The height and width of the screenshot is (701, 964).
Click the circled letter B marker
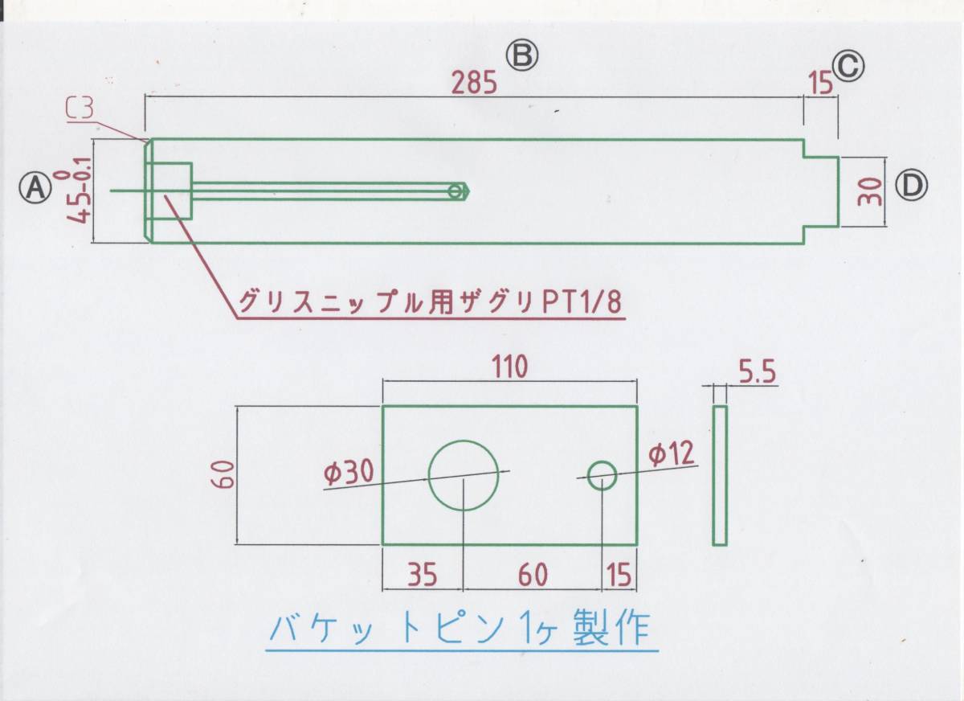point(521,56)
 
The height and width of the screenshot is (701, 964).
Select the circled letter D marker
point(911,187)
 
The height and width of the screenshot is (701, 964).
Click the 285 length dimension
point(475,83)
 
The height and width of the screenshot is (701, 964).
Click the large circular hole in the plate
point(464,475)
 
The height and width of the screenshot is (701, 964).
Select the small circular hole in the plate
point(602,475)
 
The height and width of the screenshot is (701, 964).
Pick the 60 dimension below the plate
point(532,576)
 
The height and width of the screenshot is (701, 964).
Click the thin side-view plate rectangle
point(719,475)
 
